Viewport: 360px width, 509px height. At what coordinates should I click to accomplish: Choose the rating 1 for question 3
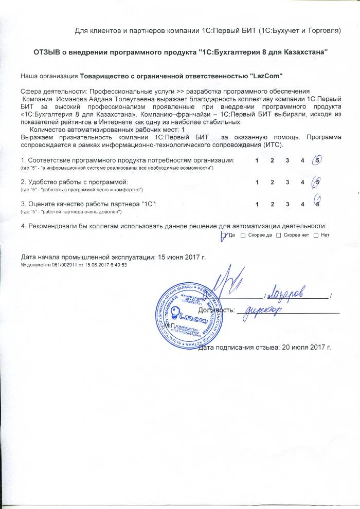[257, 204]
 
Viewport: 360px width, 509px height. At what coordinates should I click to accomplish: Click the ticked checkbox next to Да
[223, 235]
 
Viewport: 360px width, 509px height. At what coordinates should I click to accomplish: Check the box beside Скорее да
[243, 235]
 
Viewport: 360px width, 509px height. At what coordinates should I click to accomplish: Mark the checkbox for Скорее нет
[278, 235]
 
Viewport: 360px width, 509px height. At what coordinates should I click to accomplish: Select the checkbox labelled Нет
[316, 235]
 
